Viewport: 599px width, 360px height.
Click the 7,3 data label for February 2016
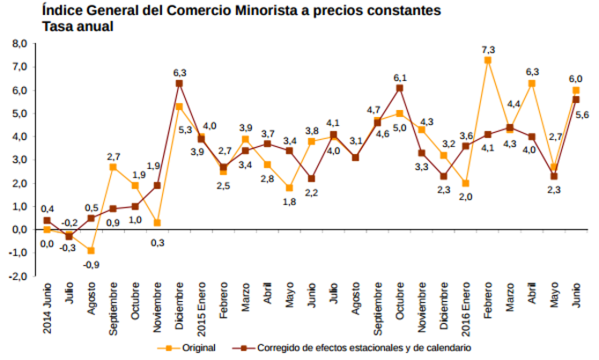coord(487,48)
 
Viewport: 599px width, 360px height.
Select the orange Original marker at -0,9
coord(91,251)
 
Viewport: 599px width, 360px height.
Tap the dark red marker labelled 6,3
coord(180,84)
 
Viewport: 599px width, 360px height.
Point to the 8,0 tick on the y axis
coord(18,43)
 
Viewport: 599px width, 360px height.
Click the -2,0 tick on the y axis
coord(17,276)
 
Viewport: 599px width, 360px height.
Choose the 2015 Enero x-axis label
coord(202,305)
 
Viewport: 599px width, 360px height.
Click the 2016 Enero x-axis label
coord(465,305)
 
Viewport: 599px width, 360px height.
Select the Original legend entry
coord(198,348)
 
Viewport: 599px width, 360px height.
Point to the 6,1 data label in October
coord(400,77)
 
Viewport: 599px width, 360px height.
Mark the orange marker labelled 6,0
coord(576,91)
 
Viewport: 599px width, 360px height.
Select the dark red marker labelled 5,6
coord(576,99)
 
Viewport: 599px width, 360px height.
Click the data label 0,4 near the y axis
coord(47,208)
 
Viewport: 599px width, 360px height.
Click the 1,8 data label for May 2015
coord(290,202)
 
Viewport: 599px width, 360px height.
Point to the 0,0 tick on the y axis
coord(18,230)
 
